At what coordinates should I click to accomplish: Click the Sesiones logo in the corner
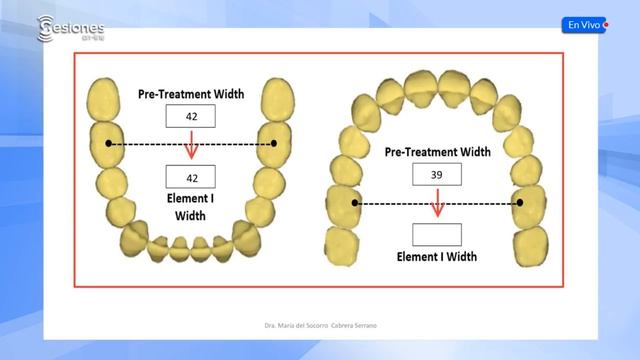tap(70, 27)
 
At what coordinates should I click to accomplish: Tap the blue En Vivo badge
tap(585, 25)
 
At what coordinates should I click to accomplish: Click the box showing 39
tap(437, 175)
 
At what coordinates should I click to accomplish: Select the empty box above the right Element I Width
tap(437, 235)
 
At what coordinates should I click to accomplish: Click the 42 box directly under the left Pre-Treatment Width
tap(190, 117)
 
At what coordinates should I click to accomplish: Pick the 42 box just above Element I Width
tap(190, 177)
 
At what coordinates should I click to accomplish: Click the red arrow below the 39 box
tap(437, 207)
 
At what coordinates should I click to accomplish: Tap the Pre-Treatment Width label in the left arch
tap(190, 93)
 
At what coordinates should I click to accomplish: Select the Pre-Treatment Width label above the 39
tap(437, 153)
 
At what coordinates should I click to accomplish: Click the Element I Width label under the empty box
tap(437, 257)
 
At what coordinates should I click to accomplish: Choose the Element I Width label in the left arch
tap(190, 206)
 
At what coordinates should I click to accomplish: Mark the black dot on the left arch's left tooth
tap(108, 144)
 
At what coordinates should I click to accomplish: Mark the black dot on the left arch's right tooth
tap(274, 144)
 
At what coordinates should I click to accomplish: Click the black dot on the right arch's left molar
tap(356, 203)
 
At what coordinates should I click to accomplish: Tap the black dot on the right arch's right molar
tap(520, 203)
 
